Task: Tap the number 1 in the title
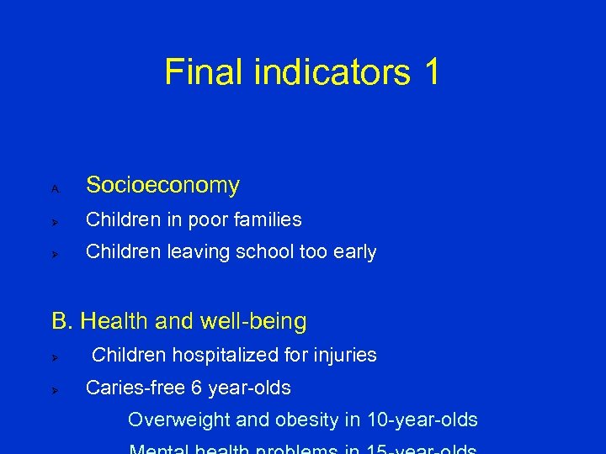click(430, 72)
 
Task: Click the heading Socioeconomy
click(162, 185)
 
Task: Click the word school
click(274, 252)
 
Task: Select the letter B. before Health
click(63, 321)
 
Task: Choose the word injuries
click(347, 356)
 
